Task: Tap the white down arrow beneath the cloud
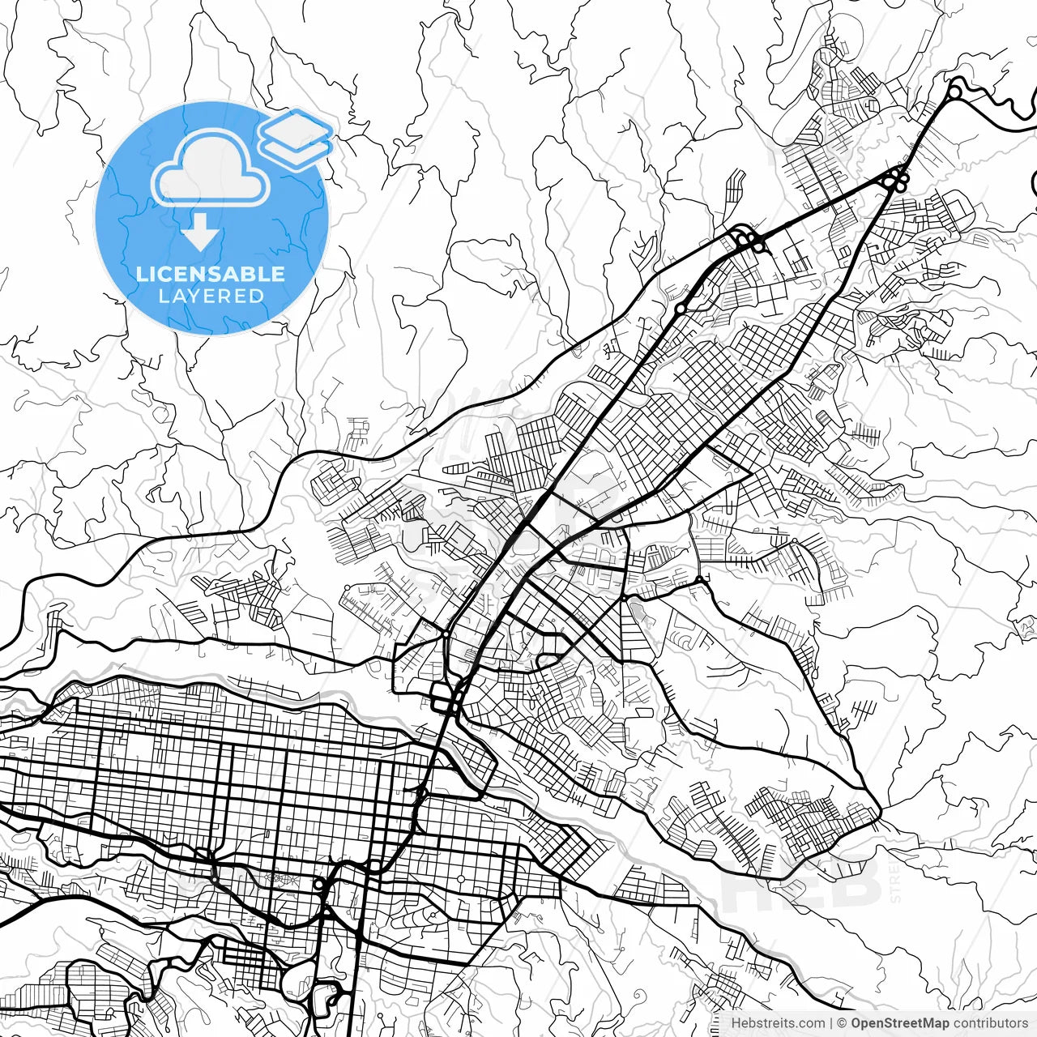pyautogui.click(x=201, y=235)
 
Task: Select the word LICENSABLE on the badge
pyautogui.click(x=211, y=274)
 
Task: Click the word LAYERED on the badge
pyautogui.click(x=211, y=297)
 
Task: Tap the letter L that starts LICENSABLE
pyautogui.click(x=142, y=274)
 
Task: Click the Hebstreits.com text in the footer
pyautogui.click(x=778, y=1023)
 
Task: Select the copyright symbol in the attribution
pyautogui.click(x=843, y=1023)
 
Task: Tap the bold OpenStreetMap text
pyautogui.click(x=899, y=1023)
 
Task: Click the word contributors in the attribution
pyautogui.click(x=990, y=1023)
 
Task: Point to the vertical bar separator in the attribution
pyautogui.click(x=832, y=1023)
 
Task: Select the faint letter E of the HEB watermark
pyautogui.click(x=802, y=883)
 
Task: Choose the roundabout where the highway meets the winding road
pyautogui.click(x=954, y=92)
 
